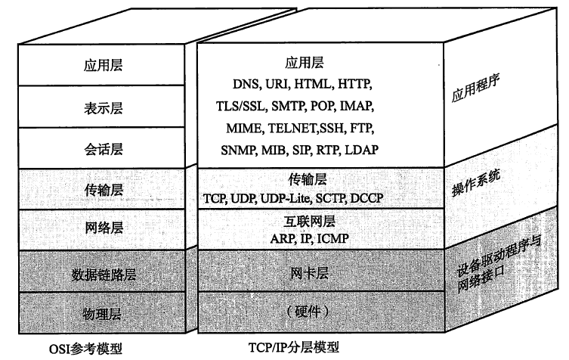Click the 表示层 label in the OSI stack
pyautogui.click(x=98, y=107)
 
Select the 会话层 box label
pyautogui.click(x=98, y=149)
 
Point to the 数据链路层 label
pyautogui.click(x=98, y=272)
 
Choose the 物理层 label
pyautogui.click(x=98, y=313)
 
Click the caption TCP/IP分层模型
pyautogui.click(x=293, y=347)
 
